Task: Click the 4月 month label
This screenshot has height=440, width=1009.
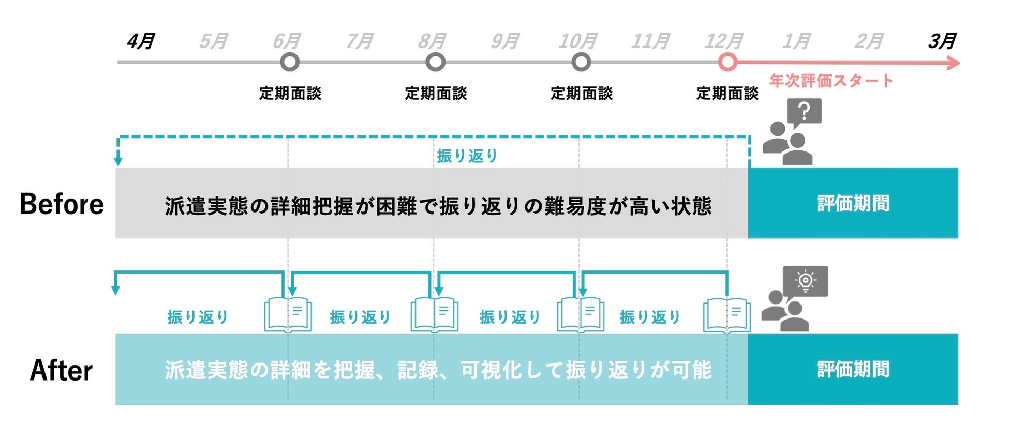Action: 140,41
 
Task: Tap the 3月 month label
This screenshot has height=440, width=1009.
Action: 942,41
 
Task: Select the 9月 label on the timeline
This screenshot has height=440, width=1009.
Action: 504,41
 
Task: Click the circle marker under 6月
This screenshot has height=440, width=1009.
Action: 290,63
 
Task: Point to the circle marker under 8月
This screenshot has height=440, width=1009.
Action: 435,63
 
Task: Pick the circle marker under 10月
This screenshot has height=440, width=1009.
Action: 581,63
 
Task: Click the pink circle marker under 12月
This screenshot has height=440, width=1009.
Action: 728,63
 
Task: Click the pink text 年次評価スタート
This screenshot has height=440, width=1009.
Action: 831,81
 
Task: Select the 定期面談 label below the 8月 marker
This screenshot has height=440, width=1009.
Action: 436,94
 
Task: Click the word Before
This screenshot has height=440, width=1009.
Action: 62,204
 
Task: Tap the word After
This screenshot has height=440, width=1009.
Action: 61,370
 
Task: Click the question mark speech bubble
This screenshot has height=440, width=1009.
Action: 804,112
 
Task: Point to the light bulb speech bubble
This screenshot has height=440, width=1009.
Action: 805,281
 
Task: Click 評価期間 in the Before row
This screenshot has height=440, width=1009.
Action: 853,203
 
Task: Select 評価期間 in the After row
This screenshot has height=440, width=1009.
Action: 853,370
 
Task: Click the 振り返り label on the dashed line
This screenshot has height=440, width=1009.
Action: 467,156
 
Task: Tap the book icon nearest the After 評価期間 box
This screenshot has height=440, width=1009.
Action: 726,314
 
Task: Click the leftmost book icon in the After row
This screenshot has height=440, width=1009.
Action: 288,314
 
